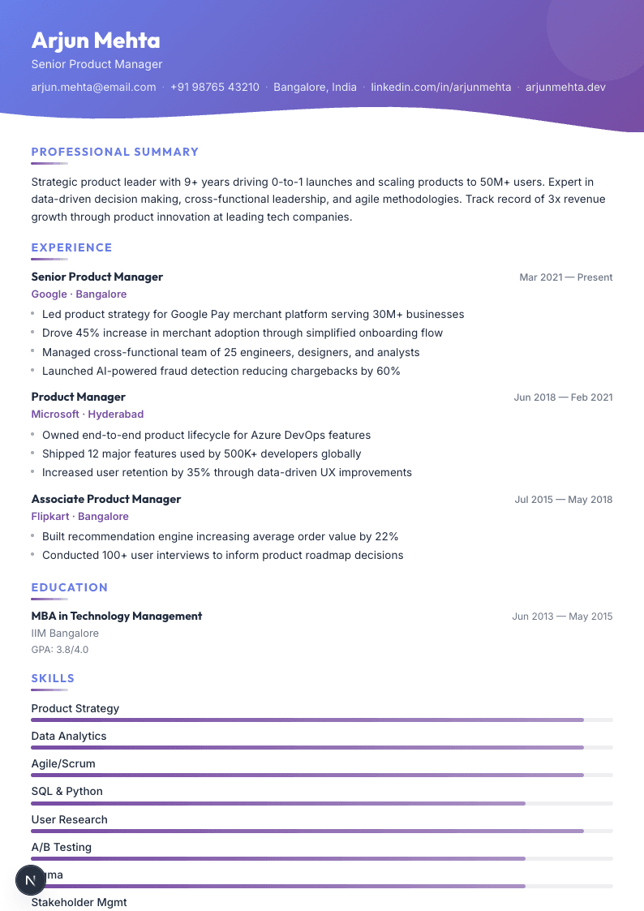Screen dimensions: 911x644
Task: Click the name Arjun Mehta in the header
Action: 96,41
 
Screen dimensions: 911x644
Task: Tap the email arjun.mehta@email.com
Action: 93,87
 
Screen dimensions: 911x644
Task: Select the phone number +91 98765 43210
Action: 215,87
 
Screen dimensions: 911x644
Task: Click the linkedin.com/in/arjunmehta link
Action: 441,87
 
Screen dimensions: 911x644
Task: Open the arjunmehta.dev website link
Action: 565,87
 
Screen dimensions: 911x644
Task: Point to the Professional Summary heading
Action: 114,152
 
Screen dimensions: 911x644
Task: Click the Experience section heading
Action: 71,247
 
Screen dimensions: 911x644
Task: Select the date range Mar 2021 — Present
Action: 565,277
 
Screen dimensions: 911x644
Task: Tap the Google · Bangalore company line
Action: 79,294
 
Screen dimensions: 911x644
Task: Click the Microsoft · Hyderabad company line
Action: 87,415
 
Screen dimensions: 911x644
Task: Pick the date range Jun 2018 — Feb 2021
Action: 563,397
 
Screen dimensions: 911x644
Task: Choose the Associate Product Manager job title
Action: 105,499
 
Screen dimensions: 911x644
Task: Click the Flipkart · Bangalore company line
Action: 79,517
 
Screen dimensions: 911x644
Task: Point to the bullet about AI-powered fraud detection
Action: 221,372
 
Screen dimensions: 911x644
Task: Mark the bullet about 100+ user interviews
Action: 222,556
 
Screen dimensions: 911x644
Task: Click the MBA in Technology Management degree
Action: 116,616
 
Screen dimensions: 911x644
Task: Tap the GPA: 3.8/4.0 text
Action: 60,650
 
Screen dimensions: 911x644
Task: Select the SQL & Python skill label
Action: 67,791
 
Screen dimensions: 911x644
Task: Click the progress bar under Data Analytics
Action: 307,747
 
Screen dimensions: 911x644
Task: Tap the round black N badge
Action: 31,879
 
